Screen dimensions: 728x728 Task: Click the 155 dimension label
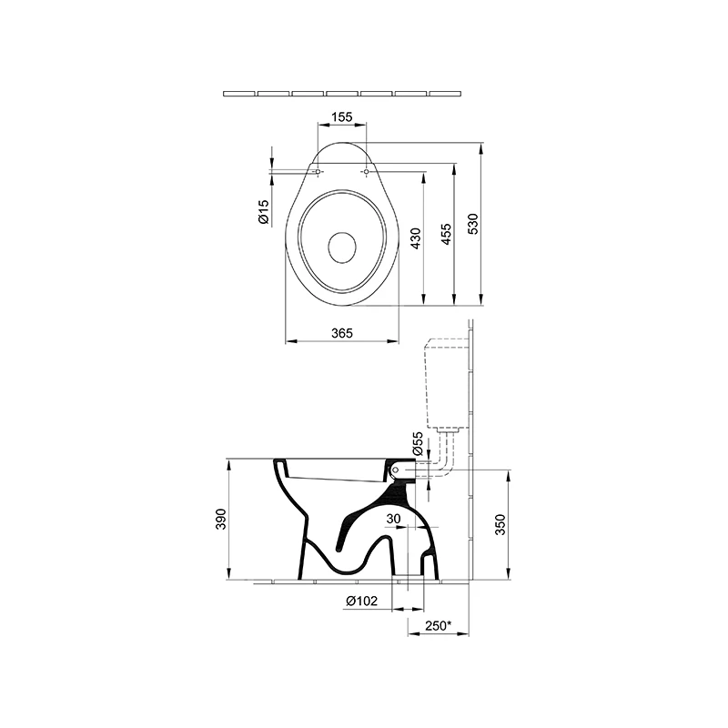tap(342, 116)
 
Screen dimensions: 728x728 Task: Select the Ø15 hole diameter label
tap(263, 212)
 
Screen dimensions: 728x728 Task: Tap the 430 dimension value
tap(416, 238)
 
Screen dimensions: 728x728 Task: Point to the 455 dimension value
tap(445, 235)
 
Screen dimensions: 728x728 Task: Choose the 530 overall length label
tap(472, 224)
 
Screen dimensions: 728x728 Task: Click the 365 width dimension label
tap(342, 333)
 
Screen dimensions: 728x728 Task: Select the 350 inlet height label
tap(500, 525)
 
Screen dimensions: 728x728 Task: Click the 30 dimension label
tap(393, 519)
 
